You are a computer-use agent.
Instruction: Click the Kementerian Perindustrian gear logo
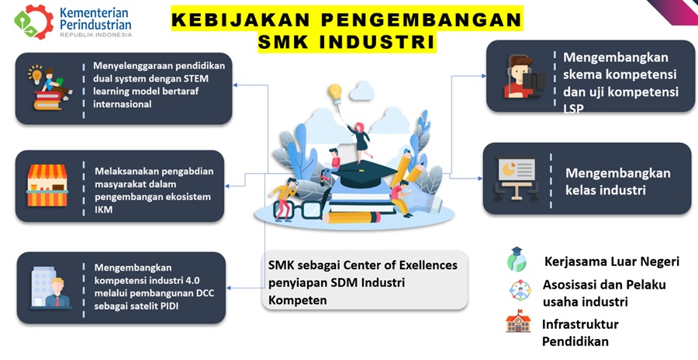pos(34,22)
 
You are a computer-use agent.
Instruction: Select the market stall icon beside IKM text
pos(47,185)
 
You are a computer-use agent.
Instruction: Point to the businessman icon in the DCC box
pos(57,292)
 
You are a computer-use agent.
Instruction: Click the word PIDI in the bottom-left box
pos(170,306)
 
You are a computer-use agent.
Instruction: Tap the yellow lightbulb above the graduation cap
pos(335,93)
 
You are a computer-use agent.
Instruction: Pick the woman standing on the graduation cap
pos(361,140)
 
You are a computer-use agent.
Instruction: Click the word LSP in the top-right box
pos(573,109)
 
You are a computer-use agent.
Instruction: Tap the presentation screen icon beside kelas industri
pos(517,179)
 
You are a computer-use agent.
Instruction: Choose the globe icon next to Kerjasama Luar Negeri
pos(517,260)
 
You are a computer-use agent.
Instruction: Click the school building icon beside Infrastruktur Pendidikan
pos(518,321)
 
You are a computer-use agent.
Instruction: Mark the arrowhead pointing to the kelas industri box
pos(480,178)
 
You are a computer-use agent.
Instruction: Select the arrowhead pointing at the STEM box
pos(236,85)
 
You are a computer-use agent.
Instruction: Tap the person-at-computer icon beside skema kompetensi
pos(523,76)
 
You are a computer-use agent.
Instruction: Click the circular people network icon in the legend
pos(520,290)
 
